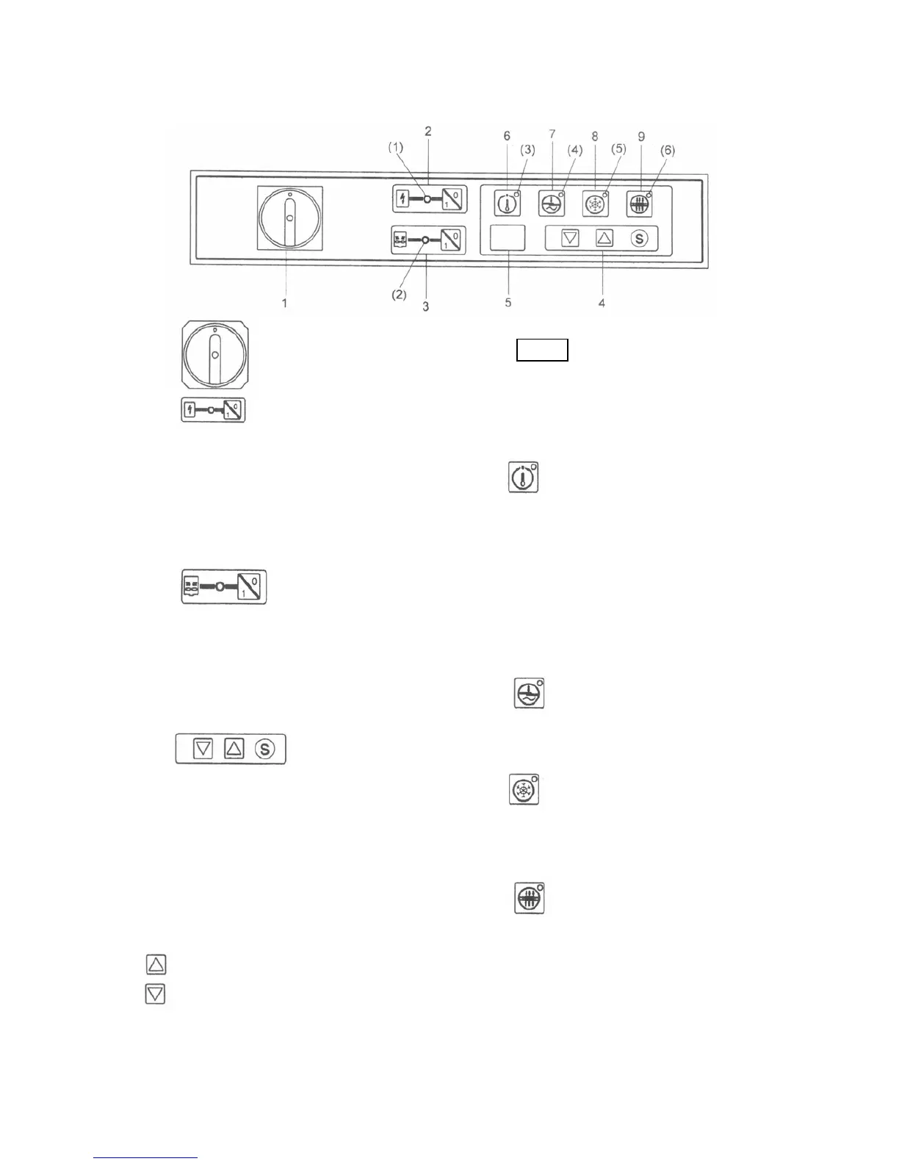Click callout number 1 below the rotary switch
tap(284, 303)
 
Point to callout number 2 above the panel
tap(427, 132)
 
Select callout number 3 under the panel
tap(425, 306)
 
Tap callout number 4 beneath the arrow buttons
tap(602, 302)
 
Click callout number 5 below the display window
tap(508, 302)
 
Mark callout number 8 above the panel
tap(595, 136)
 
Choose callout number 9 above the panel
tap(641, 136)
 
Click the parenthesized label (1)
tap(396, 147)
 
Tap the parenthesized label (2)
tap(398, 294)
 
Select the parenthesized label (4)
tap(574, 150)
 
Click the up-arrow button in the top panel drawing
tap(604, 238)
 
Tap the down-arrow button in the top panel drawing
tap(570, 238)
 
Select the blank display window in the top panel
tap(508, 238)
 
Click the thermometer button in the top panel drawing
tap(507, 204)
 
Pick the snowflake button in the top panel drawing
tap(595, 204)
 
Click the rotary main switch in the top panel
tap(289, 218)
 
